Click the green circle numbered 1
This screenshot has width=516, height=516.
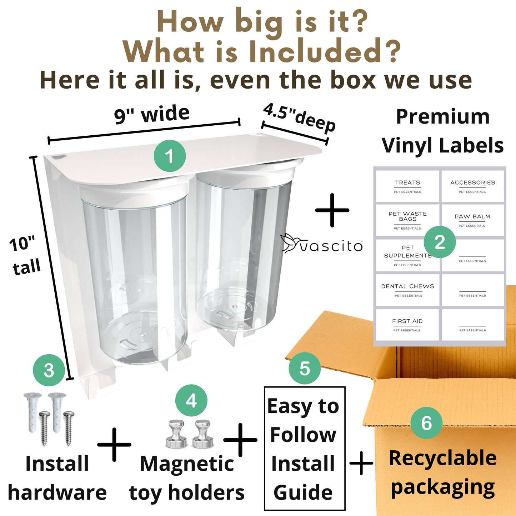click(170, 156)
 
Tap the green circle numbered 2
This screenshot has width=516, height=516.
click(440, 242)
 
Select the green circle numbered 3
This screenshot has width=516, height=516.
click(49, 371)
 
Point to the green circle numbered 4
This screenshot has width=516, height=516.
click(191, 401)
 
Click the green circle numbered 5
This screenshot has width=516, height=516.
click(305, 369)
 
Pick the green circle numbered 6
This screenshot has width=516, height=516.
click(427, 423)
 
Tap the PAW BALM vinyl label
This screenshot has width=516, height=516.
click(473, 220)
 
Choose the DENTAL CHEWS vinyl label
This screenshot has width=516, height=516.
click(407, 290)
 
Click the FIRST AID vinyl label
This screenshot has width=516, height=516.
click(407, 325)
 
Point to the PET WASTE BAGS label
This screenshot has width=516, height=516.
click(407, 220)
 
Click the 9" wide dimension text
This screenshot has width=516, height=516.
click(152, 114)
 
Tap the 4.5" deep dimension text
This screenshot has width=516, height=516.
click(299, 118)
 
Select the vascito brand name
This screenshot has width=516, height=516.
click(331, 246)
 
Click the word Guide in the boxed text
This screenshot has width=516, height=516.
click(303, 492)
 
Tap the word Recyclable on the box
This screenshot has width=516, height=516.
click(443, 458)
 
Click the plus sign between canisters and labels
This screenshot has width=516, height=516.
click(332, 210)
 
